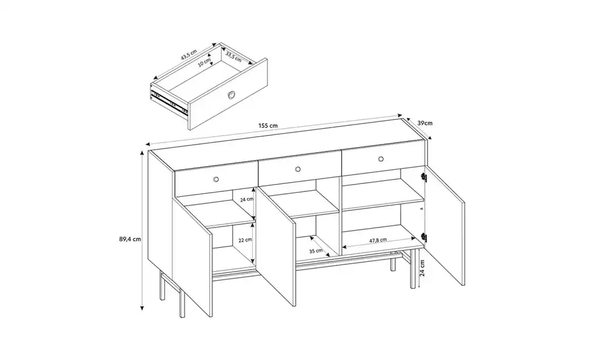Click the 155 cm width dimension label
click(268, 126)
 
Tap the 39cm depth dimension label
click(425, 123)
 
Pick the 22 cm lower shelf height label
click(245, 240)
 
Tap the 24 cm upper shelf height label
click(245, 200)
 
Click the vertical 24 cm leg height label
click(423, 266)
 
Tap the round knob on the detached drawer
click(231, 94)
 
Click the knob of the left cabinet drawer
click(216, 178)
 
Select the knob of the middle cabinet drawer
click(298, 169)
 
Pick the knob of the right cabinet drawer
click(380, 159)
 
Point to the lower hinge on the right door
click(424, 237)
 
